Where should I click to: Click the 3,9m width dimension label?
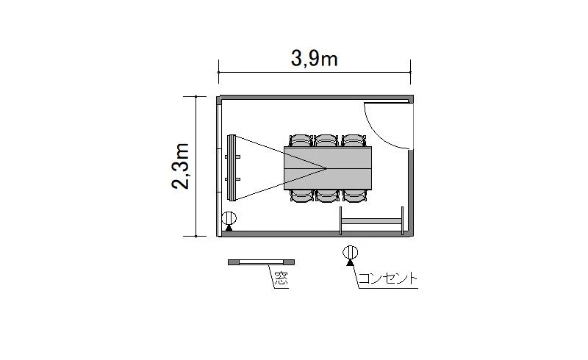(315, 59)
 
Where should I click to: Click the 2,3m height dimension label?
(180, 166)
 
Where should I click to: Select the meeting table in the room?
(328, 168)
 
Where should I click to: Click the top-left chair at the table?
(301, 140)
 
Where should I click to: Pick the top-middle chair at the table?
(326, 140)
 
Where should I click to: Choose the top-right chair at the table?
(354, 140)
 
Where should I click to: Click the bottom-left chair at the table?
(301, 195)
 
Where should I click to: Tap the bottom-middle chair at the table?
(327, 195)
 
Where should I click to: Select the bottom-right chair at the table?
(354, 195)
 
